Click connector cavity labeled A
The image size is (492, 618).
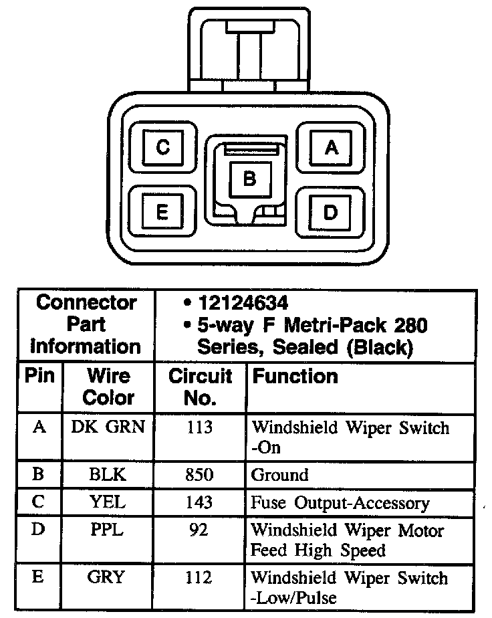331,148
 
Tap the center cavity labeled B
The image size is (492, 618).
249,179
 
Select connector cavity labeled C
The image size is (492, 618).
162,147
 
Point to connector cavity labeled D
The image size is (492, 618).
330,212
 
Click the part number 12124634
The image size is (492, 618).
243,303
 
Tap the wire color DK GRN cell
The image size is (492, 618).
108,427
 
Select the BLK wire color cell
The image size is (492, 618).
107,475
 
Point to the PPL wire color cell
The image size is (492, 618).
107,530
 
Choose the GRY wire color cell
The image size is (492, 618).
107,577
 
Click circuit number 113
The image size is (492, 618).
199,427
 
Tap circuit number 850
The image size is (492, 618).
199,475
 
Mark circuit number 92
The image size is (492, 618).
199,530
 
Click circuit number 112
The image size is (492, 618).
199,577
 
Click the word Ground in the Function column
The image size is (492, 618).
279,476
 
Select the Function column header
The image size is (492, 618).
295,377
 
